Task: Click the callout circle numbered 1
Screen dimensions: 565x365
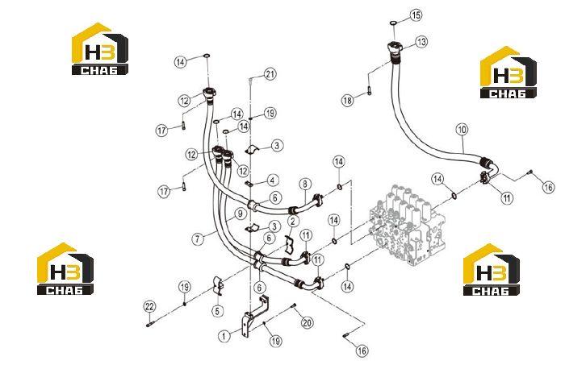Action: coord(224,336)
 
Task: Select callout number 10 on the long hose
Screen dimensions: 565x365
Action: coord(462,130)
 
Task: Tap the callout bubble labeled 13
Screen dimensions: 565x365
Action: coord(421,42)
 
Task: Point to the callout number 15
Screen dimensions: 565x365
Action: coord(416,15)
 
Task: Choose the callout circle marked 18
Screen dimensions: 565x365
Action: coord(347,101)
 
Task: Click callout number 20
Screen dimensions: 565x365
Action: coord(307,322)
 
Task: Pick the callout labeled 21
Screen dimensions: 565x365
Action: coord(270,74)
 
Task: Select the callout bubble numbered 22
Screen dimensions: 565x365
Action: coord(149,307)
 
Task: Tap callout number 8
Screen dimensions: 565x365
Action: coord(305,185)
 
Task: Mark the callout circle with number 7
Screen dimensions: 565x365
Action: coord(198,238)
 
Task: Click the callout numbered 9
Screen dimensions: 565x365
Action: coord(241,214)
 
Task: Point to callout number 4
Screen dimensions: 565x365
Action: coord(273,180)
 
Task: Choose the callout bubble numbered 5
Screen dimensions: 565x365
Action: coord(217,311)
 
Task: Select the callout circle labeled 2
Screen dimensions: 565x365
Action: coord(292,221)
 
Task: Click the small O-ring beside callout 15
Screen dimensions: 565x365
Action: coord(394,23)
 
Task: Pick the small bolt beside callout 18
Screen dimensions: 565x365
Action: coord(369,91)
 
